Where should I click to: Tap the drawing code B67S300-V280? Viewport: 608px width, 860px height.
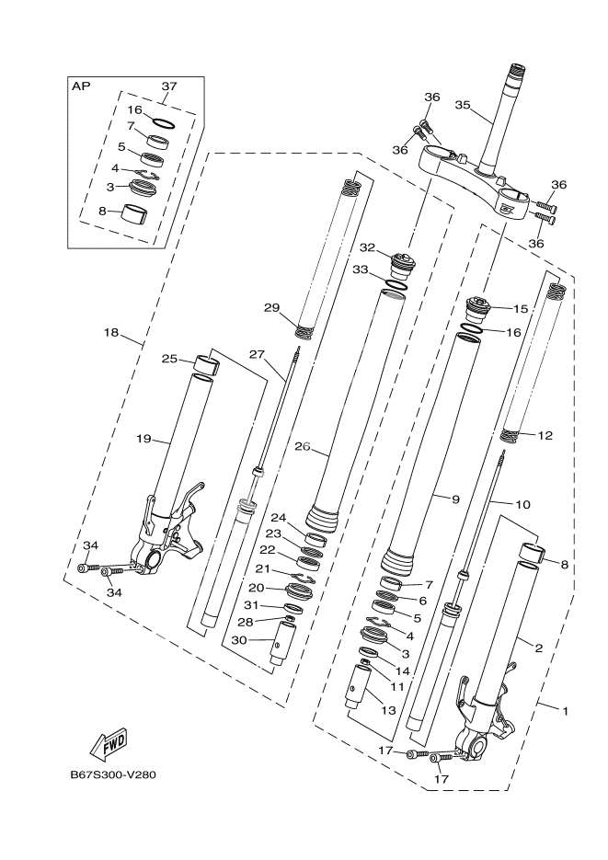113,774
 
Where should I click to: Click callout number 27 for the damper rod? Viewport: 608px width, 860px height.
257,353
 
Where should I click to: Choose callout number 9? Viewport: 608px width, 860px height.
454,499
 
